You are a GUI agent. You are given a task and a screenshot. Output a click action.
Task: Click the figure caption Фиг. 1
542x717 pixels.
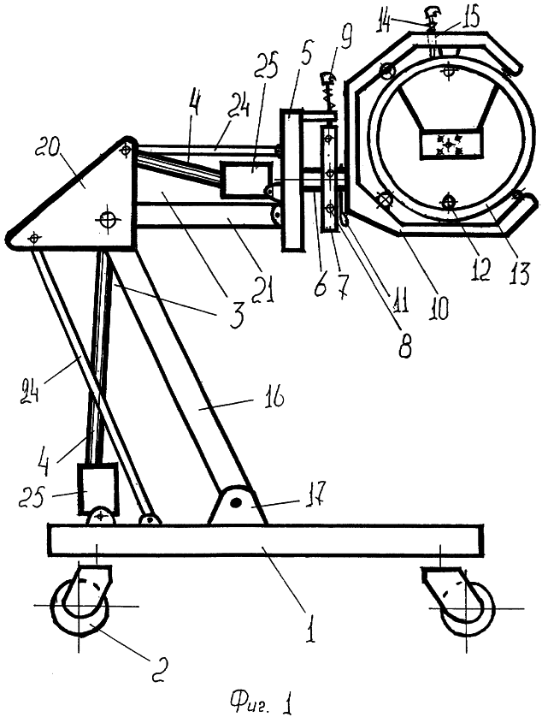[x=261, y=700]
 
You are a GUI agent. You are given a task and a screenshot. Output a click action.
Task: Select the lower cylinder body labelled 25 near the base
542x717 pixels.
[x=98, y=489]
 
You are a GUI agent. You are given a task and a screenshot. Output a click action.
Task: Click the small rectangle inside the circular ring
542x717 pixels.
[x=451, y=145]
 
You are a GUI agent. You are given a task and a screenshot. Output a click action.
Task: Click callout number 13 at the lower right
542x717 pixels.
[x=519, y=272]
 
